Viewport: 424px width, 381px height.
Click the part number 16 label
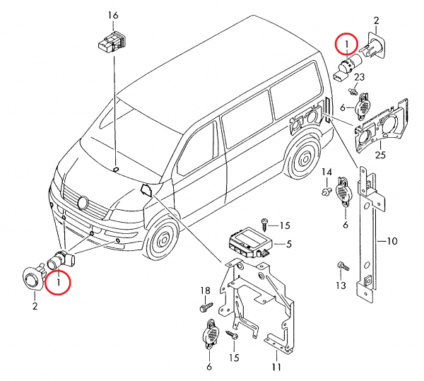(x=114, y=16)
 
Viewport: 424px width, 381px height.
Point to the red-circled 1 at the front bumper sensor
(x=59, y=283)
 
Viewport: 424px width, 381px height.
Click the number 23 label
(x=359, y=77)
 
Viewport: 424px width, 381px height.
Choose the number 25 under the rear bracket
(x=379, y=155)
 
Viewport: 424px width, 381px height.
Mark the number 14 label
(x=326, y=172)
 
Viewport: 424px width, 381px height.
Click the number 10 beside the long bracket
(x=392, y=241)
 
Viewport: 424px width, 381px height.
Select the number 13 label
(x=340, y=286)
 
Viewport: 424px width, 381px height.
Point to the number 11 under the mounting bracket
(x=276, y=367)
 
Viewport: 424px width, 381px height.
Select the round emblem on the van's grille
(x=82, y=203)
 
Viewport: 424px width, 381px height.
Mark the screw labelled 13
(x=344, y=266)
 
